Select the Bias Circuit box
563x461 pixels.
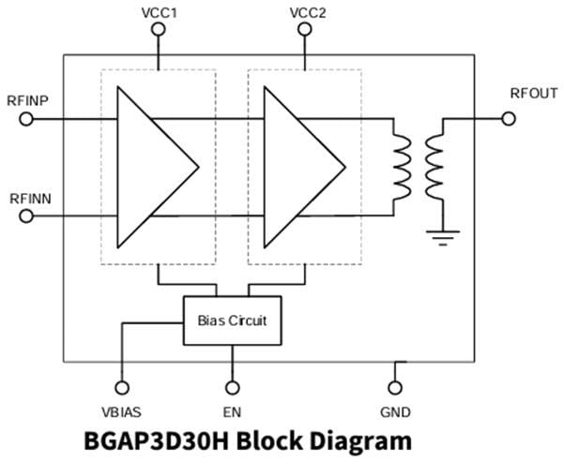[232, 320]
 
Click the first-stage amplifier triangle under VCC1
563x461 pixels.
[150, 167]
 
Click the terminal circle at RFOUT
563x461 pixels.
[509, 119]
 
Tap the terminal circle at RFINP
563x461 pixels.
[26, 119]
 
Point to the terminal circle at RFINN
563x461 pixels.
[26, 216]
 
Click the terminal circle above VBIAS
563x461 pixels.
[121, 387]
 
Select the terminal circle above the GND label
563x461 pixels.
[395, 387]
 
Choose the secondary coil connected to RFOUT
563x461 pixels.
[434, 167]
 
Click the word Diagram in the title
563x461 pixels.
[355, 440]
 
